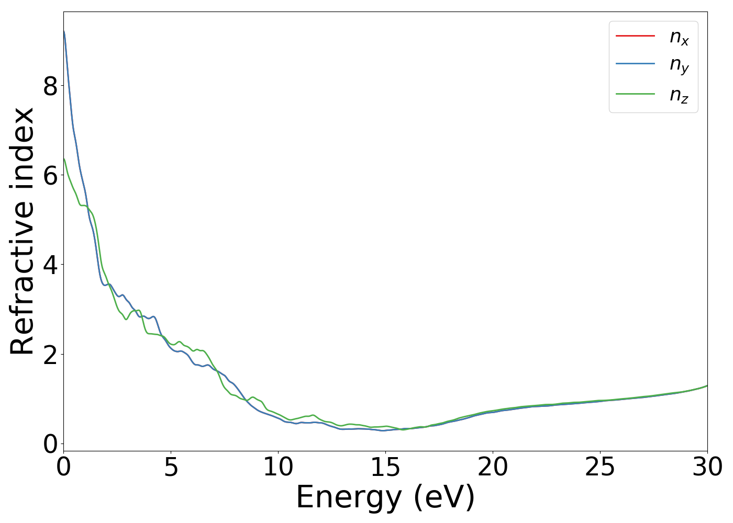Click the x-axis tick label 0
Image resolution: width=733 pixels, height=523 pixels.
coord(63,467)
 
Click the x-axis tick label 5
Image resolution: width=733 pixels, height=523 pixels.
coord(171,467)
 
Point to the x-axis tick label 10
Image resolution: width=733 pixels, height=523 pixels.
coord(278,467)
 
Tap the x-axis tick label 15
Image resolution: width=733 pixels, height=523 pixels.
coord(385,467)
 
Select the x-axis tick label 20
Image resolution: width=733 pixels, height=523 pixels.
coord(493,467)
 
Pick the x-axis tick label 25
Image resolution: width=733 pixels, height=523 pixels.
coord(600,467)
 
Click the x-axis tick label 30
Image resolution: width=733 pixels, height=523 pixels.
coord(707,467)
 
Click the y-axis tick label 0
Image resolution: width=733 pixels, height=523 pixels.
coord(50,444)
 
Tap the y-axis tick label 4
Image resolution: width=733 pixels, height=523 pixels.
coord(50,265)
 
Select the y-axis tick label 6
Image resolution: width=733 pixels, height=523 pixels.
coord(50,175)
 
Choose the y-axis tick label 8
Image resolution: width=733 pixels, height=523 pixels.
coord(50,86)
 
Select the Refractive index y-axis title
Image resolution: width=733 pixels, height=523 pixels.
coord(23,231)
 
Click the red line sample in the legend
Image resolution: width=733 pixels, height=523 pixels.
coord(635,36)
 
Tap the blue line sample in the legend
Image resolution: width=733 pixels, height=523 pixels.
coord(635,64)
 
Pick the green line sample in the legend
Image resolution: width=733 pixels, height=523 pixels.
coord(635,94)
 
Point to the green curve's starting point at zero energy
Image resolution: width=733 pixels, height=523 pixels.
coord(64,159)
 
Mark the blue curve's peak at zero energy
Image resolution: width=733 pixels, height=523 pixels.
coord(64,31)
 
